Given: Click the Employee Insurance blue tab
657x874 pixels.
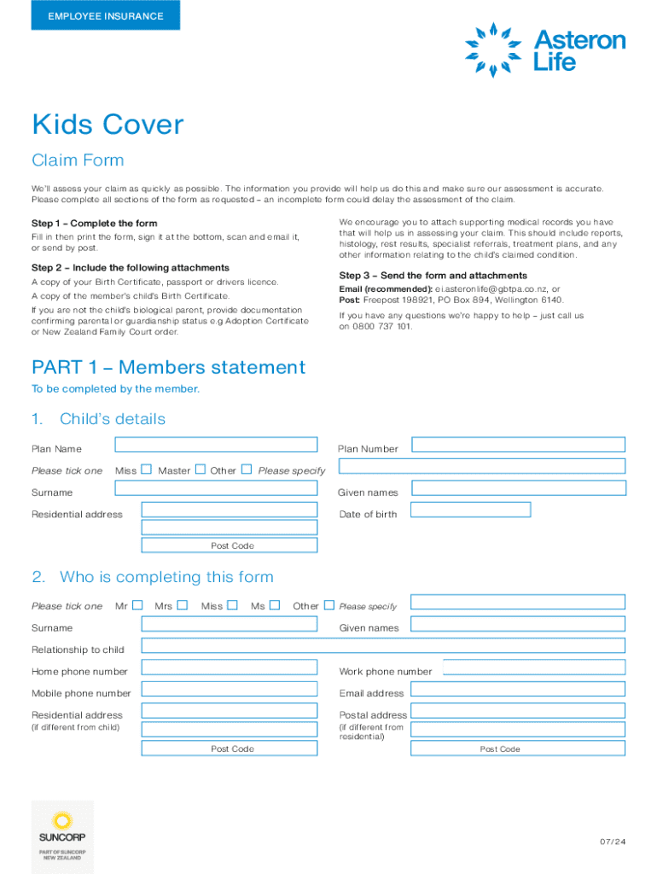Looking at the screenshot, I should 105,15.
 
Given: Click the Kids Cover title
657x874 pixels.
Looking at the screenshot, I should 108,125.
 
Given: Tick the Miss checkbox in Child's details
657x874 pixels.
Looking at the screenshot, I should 146,469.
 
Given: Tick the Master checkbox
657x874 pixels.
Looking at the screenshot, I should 200,469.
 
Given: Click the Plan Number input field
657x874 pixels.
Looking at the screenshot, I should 517,444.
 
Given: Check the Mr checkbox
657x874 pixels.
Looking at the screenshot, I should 137,605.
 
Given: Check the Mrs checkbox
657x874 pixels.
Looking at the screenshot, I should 182,605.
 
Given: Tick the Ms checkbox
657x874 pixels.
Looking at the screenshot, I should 275,605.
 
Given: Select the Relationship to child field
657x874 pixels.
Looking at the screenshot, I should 383,645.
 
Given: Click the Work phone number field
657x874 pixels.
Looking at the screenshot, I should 534,667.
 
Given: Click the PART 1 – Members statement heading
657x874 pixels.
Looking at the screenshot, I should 168,368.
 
